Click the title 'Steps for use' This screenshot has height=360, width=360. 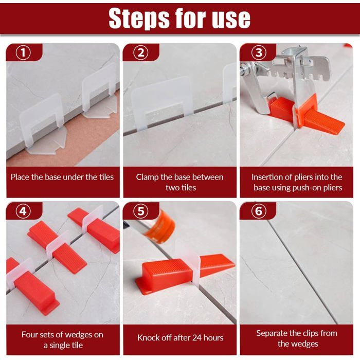(x=179, y=19)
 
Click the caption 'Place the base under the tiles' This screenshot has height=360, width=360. (x=62, y=177)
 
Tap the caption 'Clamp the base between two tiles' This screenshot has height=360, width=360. (x=179, y=182)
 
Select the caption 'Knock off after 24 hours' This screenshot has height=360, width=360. (x=179, y=338)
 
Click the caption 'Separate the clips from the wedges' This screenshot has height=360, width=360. (x=297, y=338)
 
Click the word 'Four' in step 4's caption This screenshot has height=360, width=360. (x=30, y=334)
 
